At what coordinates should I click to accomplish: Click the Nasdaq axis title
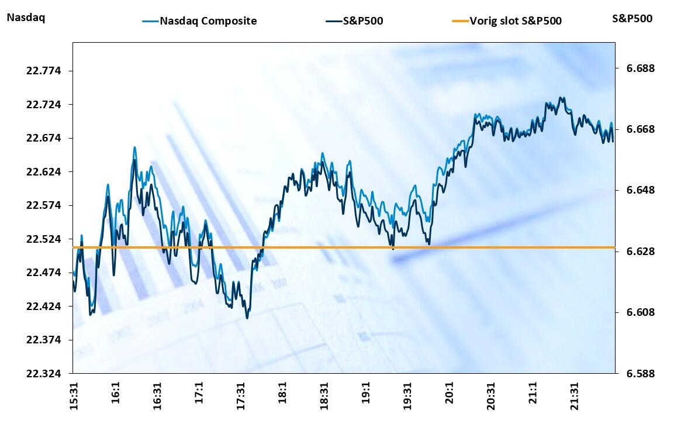pyautogui.click(x=26, y=18)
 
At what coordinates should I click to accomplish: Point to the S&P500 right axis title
pyautogui.click(x=632, y=18)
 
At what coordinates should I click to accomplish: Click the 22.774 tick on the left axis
pyautogui.click(x=44, y=71)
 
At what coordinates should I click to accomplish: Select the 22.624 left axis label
pyautogui.click(x=44, y=172)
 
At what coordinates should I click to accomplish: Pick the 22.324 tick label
pyautogui.click(x=44, y=373)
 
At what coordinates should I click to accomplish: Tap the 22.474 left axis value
pyautogui.click(x=44, y=273)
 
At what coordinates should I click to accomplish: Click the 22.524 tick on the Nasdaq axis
pyautogui.click(x=44, y=239)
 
